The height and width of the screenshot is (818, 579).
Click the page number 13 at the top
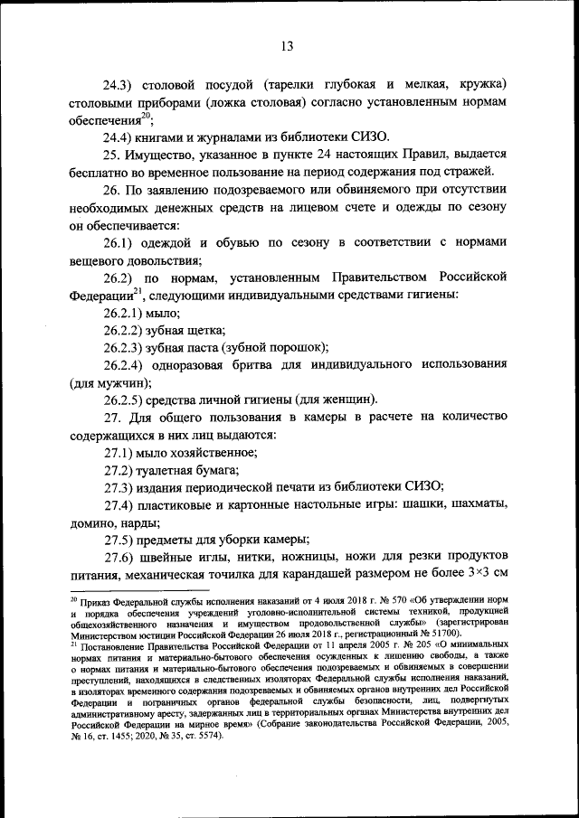coord(288,46)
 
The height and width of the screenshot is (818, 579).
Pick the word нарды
coord(138,522)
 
